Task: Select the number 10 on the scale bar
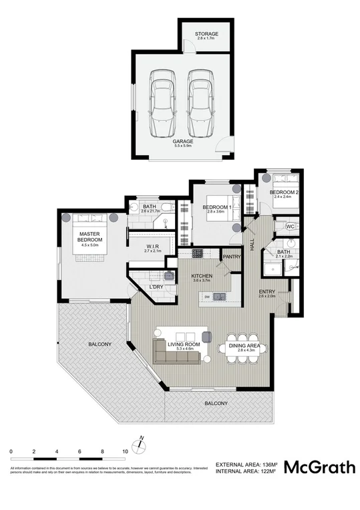click(x=125, y=453)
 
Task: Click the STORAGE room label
click(x=206, y=34)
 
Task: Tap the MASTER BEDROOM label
click(x=89, y=237)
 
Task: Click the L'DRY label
click(x=156, y=287)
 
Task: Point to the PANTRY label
click(x=232, y=257)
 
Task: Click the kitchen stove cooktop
click(x=198, y=254)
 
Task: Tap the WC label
click(x=290, y=227)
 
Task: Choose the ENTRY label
click(x=267, y=291)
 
